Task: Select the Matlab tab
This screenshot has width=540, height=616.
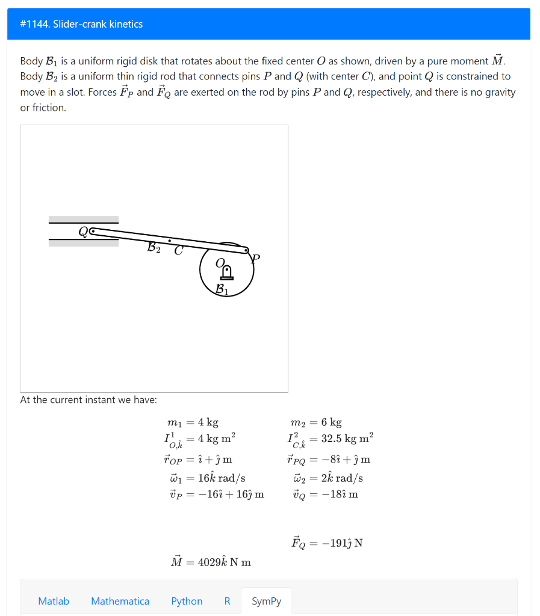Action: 54,601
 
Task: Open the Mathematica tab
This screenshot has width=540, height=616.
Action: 120,601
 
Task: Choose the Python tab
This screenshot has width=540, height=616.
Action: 187,601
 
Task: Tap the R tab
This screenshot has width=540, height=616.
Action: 227,601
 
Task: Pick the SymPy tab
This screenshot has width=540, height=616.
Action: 266,601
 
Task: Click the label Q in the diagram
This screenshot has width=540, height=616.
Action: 82,231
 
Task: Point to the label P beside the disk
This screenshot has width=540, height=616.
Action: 256,259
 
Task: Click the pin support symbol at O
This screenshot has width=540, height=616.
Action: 227,273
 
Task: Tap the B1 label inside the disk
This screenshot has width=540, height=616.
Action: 222,289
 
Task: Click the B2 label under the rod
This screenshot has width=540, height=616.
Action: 154,247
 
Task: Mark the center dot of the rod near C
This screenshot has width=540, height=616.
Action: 170,240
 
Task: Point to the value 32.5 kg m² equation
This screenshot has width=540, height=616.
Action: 331,439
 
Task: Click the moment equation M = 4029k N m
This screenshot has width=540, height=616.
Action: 211,562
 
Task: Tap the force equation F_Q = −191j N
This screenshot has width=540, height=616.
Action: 327,543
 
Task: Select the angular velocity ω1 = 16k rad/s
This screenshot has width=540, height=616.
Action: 206,478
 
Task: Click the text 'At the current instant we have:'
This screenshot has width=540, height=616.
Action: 88,400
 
